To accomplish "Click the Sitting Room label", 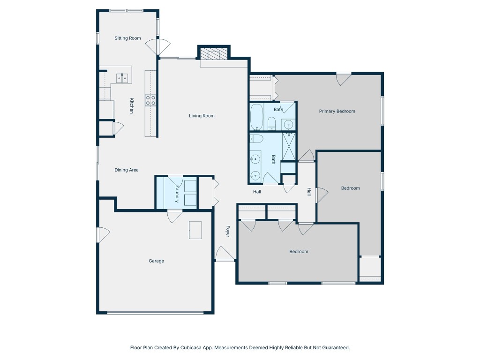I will point(127,38).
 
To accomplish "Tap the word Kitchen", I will point(132,105).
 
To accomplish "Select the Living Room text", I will point(202,116).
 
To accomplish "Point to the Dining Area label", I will point(127,170).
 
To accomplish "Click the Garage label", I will point(156,261).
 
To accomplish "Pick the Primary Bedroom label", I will point(337,112).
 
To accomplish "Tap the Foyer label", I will point(228,232).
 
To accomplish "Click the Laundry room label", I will point(177,193).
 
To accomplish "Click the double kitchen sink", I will point(122,78).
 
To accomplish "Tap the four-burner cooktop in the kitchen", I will point(151,100).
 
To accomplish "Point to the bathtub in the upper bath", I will point(256,117).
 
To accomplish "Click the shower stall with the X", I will point(289,146).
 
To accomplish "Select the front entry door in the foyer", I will point(225,254).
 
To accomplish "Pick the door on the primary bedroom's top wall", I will point(344,78).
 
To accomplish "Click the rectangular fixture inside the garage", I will point(195,230).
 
